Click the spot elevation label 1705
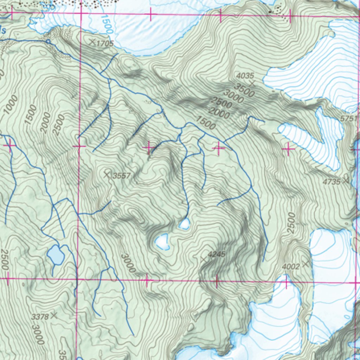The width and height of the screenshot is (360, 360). (105, 44)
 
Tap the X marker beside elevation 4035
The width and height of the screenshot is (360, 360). (252, 83)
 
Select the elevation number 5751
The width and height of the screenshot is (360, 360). (348, 119)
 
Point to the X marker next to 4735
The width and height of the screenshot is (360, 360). (346, 181)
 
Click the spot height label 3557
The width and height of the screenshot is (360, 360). (122, 176)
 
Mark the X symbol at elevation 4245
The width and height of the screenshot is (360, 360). (203, 259)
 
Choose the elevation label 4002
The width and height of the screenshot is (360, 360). (291, 267)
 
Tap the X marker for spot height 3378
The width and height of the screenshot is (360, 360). (54, 315)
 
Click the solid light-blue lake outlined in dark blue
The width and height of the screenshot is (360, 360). (56, 255)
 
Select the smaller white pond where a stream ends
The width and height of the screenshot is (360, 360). (184, 224)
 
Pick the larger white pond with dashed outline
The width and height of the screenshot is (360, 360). (162, 242)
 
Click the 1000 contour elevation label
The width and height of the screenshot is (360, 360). (11, 105)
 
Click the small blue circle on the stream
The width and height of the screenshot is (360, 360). (48, 41)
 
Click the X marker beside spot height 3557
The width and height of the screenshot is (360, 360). (107, 174)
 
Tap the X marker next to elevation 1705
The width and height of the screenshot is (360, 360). (92, 43)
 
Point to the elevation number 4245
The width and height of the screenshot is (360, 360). (216, 254)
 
